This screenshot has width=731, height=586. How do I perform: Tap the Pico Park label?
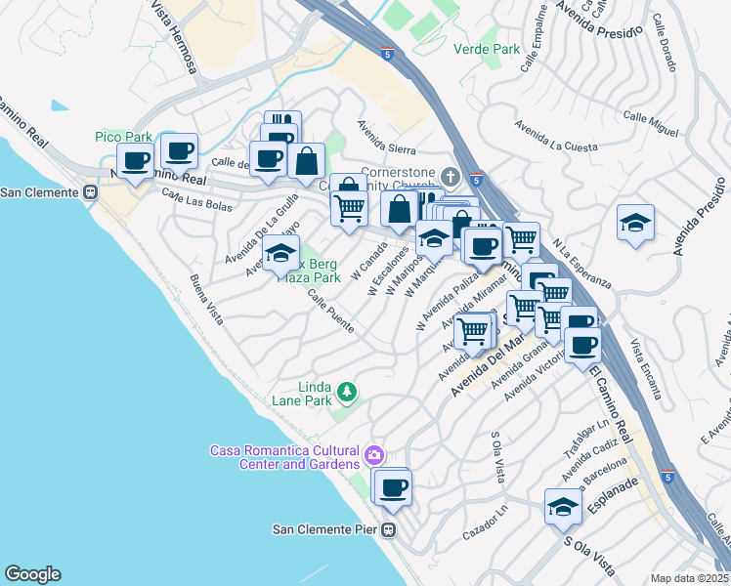point(123,137)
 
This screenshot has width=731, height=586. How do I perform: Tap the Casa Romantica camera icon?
point(373,455)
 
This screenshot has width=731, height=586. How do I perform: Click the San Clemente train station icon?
point(90,192)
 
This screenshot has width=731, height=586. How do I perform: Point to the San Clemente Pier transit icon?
point(388,530)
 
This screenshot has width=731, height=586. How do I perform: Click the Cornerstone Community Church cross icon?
point(450,177)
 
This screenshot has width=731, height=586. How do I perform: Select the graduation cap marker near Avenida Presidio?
point(635,222)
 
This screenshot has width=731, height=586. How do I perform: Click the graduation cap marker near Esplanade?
point(563,506)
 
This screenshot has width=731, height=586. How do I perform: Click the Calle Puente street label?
point(331,312)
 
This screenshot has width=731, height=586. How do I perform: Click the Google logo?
point(32,574)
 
